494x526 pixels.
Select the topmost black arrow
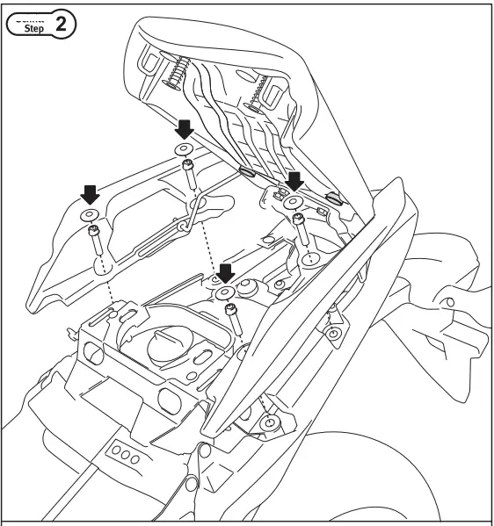(184, 130)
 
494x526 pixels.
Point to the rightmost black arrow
(295, 181)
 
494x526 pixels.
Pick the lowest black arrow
(226, 271)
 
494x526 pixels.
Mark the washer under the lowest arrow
(226, 292)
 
